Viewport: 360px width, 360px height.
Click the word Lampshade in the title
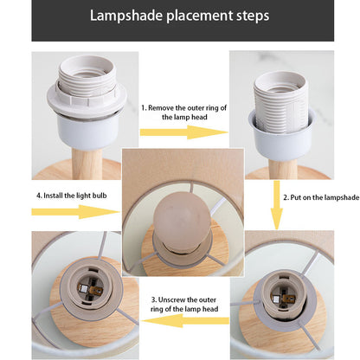[x=126, y=16]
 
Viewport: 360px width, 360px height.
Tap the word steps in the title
[x=253, y=16]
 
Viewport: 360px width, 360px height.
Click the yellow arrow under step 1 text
[x=183, y=132]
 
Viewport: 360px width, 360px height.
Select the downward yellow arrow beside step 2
[x=277, y=205]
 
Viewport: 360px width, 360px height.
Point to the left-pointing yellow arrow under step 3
[x=185, y=320]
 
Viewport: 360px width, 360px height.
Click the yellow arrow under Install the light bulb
[x=75, y=212]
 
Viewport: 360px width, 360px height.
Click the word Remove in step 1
[x=161, y=108]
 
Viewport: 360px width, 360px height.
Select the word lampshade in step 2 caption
[x=342, y=198]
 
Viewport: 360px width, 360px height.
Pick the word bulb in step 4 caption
[x=100, y=196]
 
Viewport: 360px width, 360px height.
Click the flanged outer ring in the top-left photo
[x=87, y=100]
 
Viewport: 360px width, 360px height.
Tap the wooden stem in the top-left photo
[x=87, y=164]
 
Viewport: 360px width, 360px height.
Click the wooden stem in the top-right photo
[x=283, y=169]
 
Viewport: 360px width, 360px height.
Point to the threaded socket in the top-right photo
[x=281, y=102]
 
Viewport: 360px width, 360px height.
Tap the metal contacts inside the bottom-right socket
[x=281, y=297]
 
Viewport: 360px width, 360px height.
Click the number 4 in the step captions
[x=38, y=196]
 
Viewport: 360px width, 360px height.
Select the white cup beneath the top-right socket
[x=282, y=135]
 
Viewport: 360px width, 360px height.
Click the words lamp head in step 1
[x=191, y=117]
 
